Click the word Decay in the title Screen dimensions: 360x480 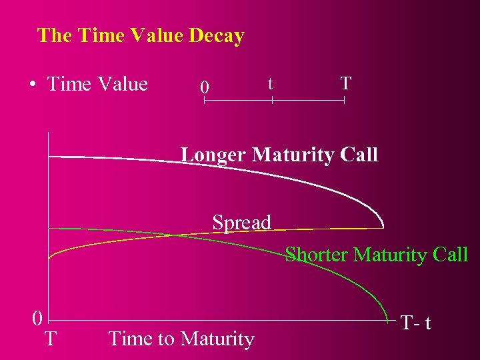point(217,35)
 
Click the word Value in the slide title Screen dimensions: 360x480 point(160,35)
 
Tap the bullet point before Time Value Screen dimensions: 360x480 point(32,85)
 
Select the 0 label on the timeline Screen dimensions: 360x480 point(206,87)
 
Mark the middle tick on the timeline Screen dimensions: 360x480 point(272,101)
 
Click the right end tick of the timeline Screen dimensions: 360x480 point(343,101)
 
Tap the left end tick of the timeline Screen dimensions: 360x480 point(205,101)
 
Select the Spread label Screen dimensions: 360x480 point(241,222)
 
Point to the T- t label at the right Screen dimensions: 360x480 point(416,323)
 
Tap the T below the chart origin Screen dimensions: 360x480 point(50,339)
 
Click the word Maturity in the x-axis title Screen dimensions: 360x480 point(217,339)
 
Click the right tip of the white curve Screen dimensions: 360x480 point(384,227)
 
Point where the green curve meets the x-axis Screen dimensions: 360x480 point(389,321)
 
